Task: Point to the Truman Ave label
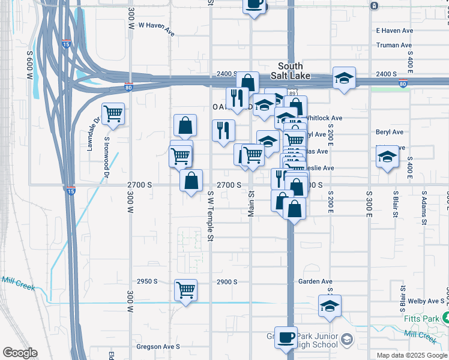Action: (x=394, y=45)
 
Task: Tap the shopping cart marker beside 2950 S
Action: (x=186, y=290)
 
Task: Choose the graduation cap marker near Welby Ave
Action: (x=330, y=306)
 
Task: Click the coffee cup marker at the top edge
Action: (x=254, y=5)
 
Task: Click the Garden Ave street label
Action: (x=315, y=281)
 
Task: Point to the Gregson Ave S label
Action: (x=158, y=346)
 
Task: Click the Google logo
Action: (x=20, y=353)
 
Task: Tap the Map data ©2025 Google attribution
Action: (x=411, y=355)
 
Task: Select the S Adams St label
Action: (x=424, y=208)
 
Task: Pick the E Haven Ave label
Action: (x=394, y=31)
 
